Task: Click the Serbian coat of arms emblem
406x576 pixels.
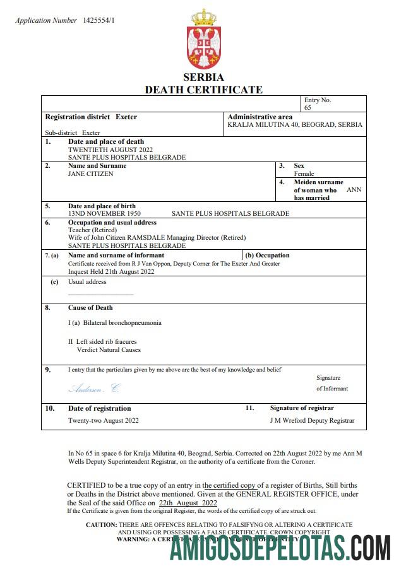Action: click(x=203, y=38)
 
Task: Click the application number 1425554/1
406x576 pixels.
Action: click(x=99, y=21)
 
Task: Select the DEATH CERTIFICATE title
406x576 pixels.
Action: click(x=203, y=90)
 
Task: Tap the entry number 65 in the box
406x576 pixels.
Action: click(x=307, y=108)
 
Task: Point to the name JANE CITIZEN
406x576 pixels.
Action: click(x=91, y=173)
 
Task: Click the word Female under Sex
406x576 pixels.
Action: click(x=304, y=173)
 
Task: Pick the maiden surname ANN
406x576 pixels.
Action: click(x=354, y=189)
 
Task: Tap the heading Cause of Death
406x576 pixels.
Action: click(x=90, y=308)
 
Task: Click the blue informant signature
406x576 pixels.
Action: click(x=93, y=387)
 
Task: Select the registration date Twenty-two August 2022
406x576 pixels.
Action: click(x=104, y=420)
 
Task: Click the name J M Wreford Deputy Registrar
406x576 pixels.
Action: click(x=312, y=420)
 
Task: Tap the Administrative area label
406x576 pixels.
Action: click(x=260, y=117)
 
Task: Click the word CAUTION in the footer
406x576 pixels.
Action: click(x=100, y=524)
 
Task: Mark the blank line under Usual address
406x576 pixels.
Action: click(x=101, y=294)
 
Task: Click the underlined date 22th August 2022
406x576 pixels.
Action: click(x=188, y=503)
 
